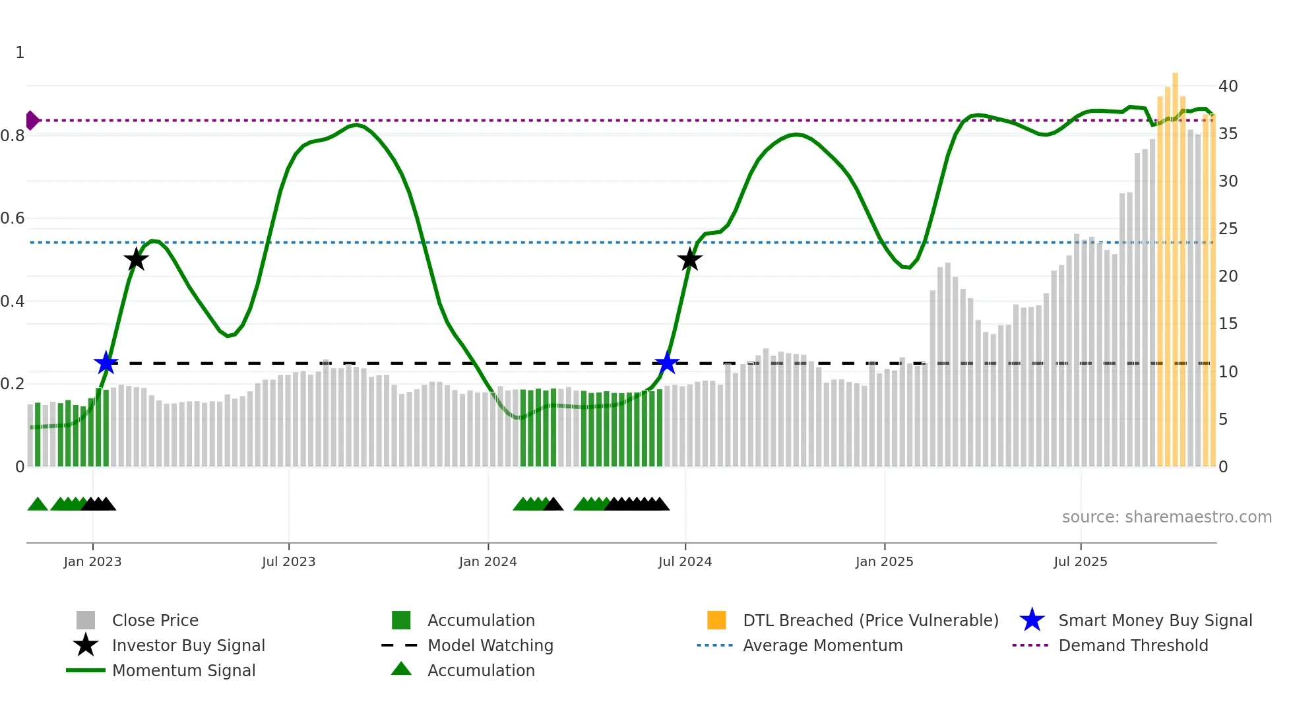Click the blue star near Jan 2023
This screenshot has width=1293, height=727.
(x=106, y=363)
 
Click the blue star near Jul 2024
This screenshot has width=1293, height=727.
(x=667, y=363)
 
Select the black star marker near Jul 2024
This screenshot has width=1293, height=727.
(x=689, y=260)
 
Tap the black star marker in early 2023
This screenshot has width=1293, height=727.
(x=136, y=260)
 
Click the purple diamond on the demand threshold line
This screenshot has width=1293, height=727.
(x=32, y=120)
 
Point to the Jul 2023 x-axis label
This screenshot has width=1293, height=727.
(x=288, y=561)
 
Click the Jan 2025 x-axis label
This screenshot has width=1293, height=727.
(x=884, y=561)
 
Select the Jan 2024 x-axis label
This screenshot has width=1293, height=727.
(x=488, y=561)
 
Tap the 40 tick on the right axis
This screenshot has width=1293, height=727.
(x=1228, y=86)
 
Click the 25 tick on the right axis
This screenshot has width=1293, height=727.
(x=1228, y=229)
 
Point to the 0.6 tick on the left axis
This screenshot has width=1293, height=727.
(x=13, y=218)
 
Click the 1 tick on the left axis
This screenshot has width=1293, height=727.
(x=20, y=53)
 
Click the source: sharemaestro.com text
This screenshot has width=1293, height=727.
(x=1166, y=517)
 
